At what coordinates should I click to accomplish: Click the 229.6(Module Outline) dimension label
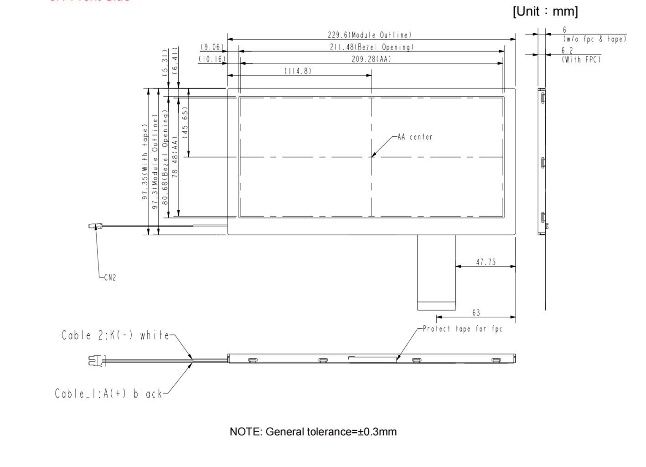pyautogui.click(x=369, y=35)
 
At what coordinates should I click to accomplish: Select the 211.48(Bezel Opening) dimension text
pyautogui.click(x=372, y=47)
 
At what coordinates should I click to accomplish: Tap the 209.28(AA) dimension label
pyautogui.click(x=371, y=59)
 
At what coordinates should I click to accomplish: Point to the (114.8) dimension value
pyautogui.click(x=298, y=71)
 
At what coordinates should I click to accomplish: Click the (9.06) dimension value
pyautogui.click(x=212, y=47)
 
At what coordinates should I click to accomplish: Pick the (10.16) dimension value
pyautogui.click(x=212, y=59)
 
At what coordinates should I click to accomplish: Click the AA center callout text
pyautogui.click(x=415, y=137)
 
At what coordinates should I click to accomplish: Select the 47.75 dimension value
pyautogui.click(x=486, y=262)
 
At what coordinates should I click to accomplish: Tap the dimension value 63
pyautogui.click(x=476, y=313)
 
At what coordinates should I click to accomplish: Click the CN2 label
pyautogui.click(x=110, y=278)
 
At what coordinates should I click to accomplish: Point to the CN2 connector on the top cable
pyautogui.click(x=95, y=226)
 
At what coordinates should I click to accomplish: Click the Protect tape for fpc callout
pyautogui.click(x=462, y=329)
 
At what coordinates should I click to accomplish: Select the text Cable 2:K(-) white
pyautogui.click(x=115, y=336)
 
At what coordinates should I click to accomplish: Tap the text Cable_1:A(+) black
pyautogui.click(x=109, y=394)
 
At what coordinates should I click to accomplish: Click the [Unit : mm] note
pyautogui.click(x=545, y=11)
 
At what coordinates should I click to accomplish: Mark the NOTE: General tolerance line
pyautogui.click(x=313, y=431)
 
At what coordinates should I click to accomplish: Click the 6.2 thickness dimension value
pyautogui.click(x=567, y=51)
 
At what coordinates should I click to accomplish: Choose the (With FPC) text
pyautogui.click(x=581, y=59)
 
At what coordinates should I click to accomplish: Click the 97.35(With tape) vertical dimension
pyautogui.click(x=145, y=162)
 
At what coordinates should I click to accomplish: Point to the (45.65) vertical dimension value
pyautogui.click(x=185, y=122)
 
